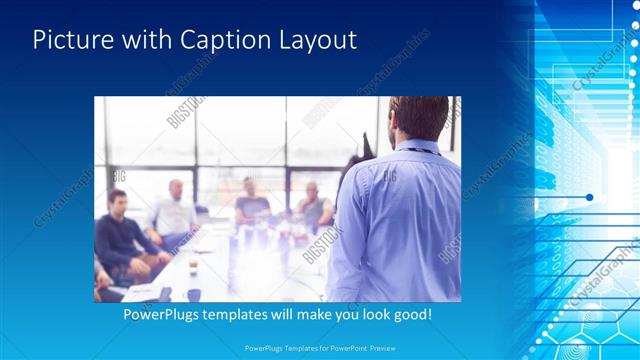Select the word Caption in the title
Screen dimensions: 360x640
222,41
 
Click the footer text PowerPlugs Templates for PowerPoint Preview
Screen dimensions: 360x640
319,347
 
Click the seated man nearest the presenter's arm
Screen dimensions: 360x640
312,207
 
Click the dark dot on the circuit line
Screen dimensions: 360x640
590,197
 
